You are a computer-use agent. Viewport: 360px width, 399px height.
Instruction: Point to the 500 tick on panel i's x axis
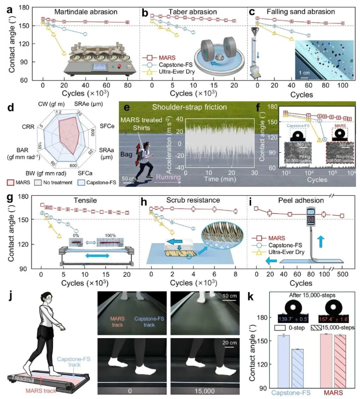(x=342, y=274)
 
